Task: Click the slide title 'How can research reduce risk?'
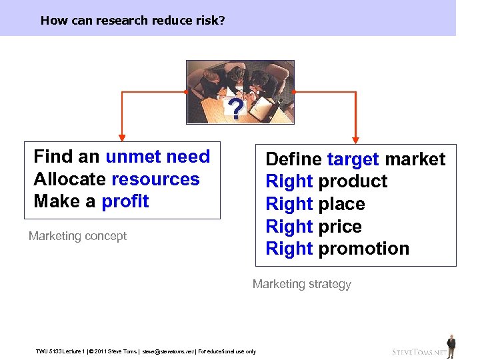(x=132, y=20)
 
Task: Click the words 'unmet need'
(x=157, y=157)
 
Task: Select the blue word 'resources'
(x=155, y=179)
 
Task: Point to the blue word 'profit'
(x=125, y=201)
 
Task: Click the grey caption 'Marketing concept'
(x=77, y=236)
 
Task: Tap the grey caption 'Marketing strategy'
(x=301, y=284)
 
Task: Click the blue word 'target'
(x=353, y=159)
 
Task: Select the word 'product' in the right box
(x=353, y=181)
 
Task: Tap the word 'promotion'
(x=364, y=249)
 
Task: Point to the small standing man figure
(x=451, y=345)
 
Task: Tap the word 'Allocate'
(x=70, y=179)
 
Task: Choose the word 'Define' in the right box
(x=294, y=159)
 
